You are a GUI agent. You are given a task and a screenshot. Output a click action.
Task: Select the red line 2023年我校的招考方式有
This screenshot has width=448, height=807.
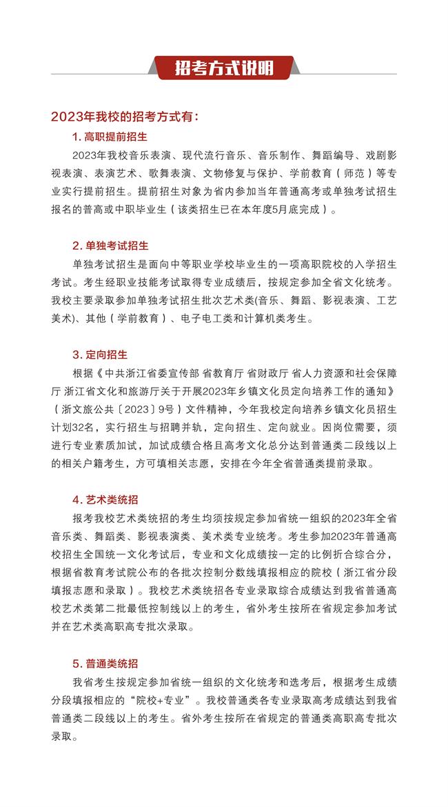point(124,117)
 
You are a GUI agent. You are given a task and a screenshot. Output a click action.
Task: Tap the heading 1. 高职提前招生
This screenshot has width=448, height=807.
point(110,136)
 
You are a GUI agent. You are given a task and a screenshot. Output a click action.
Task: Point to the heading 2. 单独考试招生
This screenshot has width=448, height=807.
point(110,246)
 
